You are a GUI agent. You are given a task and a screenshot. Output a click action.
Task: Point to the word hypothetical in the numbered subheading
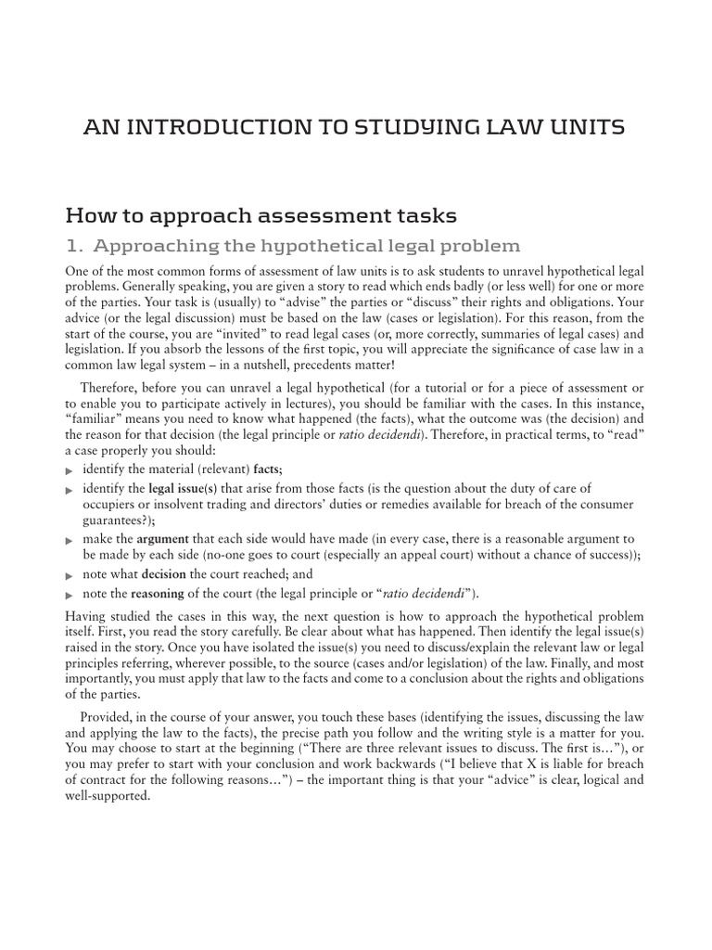334,246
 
